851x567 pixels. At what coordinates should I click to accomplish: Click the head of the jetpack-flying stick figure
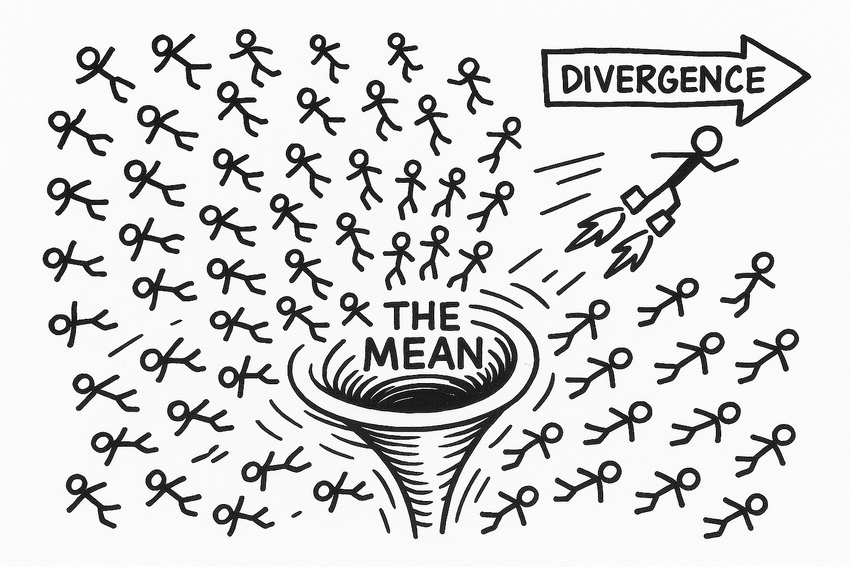point(704,142)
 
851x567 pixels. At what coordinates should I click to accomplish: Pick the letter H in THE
point(422,319)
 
